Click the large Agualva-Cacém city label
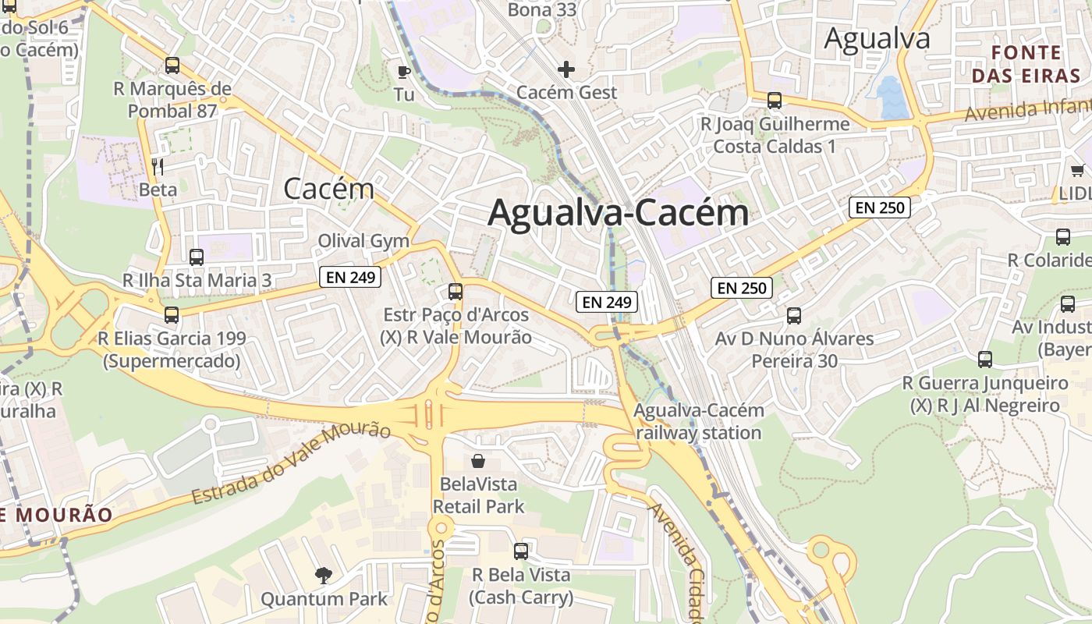(618, 213)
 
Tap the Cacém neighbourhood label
(328, 188)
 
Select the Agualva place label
(877, 37)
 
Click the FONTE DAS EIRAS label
(1026, 64)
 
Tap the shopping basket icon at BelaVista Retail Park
(478, 462)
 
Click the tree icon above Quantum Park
(323, 576)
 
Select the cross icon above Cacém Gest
(566, 69)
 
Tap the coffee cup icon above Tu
(403, 73)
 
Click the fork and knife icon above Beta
(158, 166)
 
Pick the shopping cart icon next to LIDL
(1077, 170)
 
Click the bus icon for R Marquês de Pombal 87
(172, 66)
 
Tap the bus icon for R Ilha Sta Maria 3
(197, 257)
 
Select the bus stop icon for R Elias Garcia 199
(172, 315)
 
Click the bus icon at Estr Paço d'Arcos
(456, 292)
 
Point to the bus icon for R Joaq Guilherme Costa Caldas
(774, 101)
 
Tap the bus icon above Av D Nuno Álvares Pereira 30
(794, 316)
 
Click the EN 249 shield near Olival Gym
(349, 277)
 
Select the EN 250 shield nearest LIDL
(880, 207)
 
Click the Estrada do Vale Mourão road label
(291, 463)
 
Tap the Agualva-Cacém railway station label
(698, 421)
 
